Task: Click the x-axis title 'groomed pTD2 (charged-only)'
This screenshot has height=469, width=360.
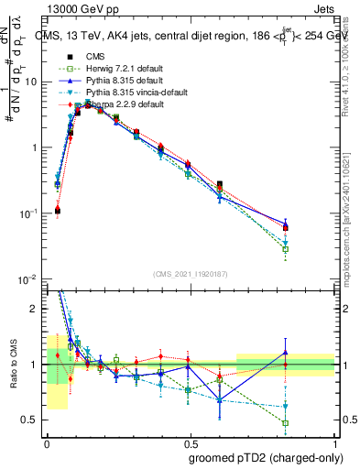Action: pos(261,459)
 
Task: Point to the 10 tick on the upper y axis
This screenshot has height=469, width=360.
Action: pos(34,82)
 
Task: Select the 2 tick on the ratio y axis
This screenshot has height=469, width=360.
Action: pos(37,309)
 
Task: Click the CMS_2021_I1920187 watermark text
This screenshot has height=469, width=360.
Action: pos(190,273)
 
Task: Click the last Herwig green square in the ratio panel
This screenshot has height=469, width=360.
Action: pos(286,423)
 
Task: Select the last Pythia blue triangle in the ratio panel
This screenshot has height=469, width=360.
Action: pos(286,353)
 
